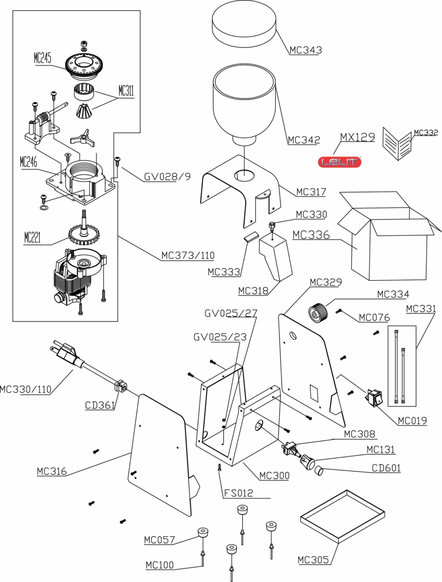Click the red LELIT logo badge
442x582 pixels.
pos(339,162)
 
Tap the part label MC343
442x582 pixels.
pos(306,50)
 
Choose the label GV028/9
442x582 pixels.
pos(167,177)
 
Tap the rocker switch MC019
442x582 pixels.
pos(374,398)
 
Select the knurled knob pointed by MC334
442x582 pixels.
pos(318,312)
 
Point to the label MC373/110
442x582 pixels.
pos(188,255)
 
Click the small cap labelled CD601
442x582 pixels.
pos(318,471)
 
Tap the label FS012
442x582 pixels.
pos(238,493)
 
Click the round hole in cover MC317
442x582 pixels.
pos(244,176)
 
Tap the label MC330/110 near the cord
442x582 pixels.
pos(25,389)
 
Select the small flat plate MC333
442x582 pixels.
pos(251,237)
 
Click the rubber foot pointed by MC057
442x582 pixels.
pos(203,533)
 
